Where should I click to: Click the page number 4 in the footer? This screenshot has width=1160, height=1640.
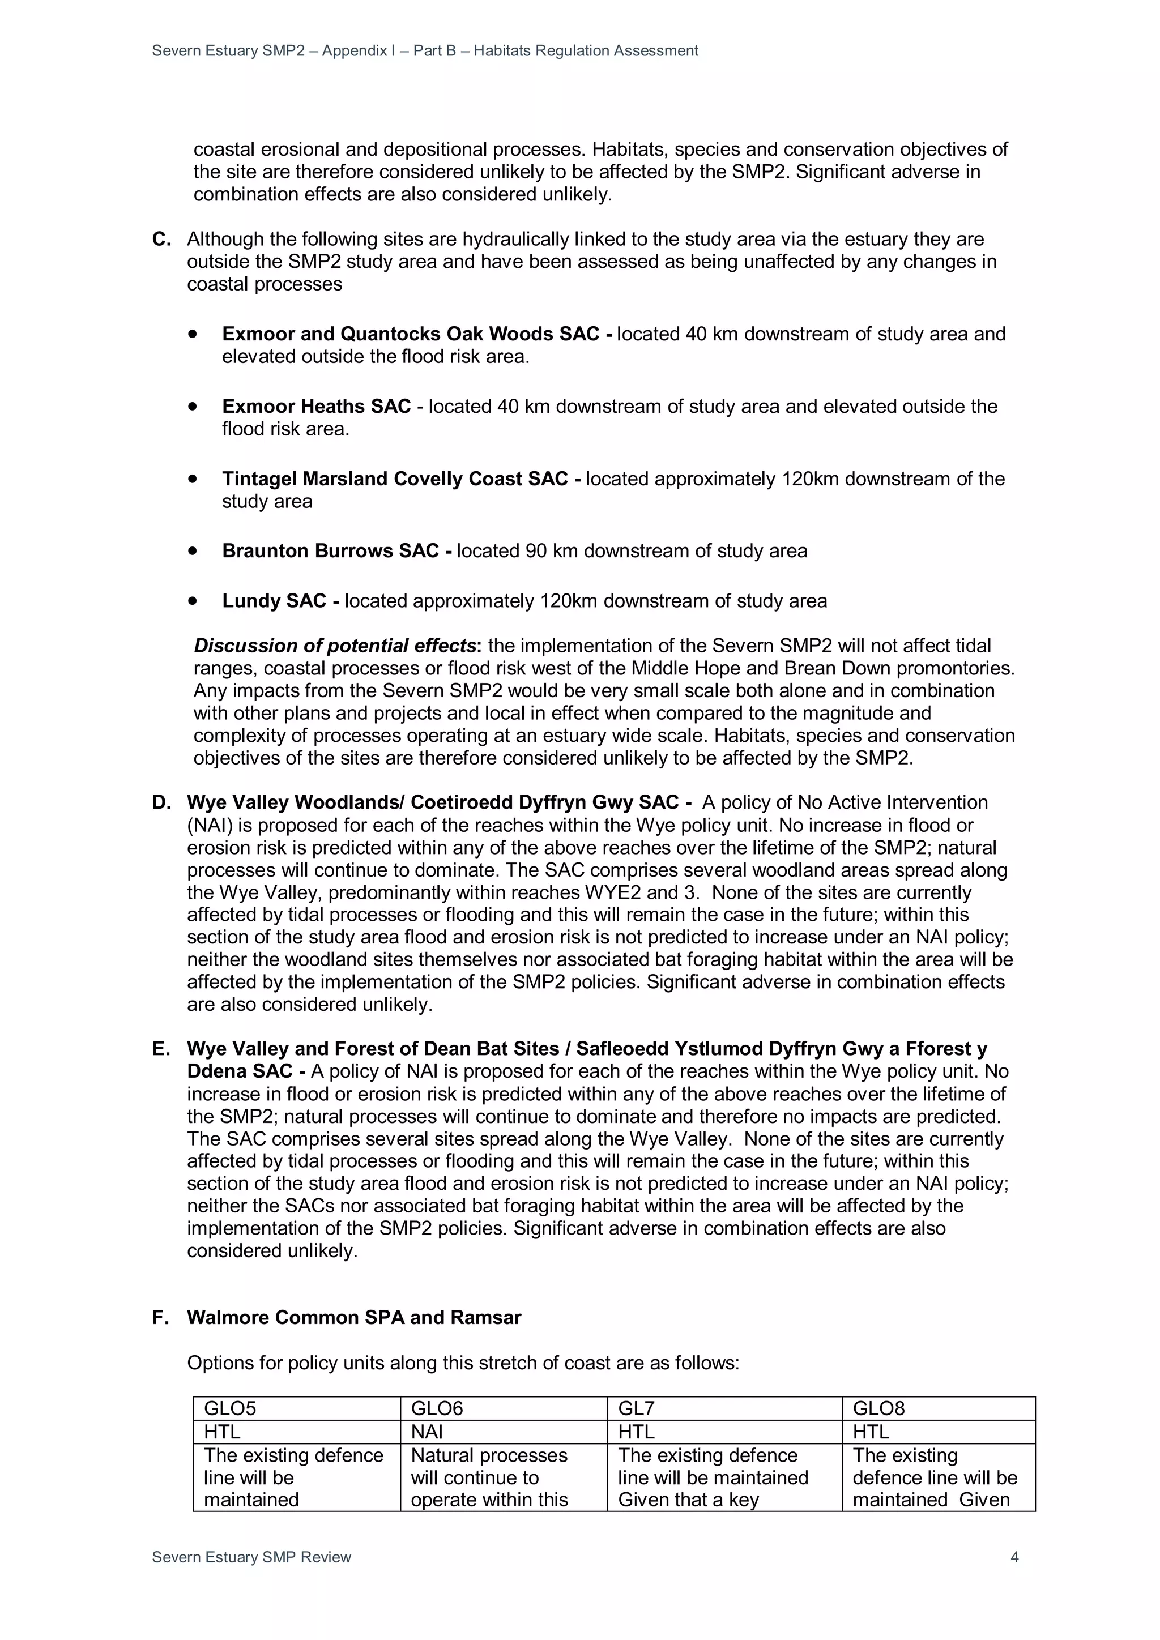(x=1014, y=1557)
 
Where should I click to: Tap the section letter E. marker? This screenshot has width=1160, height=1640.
(x=161, y=1049)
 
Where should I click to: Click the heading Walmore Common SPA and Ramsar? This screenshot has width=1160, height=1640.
(x=353, y=1317)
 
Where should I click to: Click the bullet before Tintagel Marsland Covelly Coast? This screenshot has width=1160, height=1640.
(x=192, y=479)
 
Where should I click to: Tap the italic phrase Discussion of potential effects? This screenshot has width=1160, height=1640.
(x=334, y=646)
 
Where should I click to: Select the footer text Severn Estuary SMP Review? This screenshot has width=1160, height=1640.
(x=251, y=1557)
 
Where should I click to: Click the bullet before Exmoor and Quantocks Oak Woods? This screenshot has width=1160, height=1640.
(x=192, y=334)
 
